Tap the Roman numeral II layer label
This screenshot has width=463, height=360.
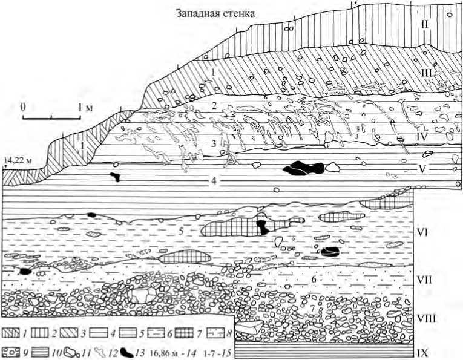(425, 24)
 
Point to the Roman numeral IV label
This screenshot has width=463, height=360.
(422, 137)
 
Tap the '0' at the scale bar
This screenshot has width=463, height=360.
(23, 106)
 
